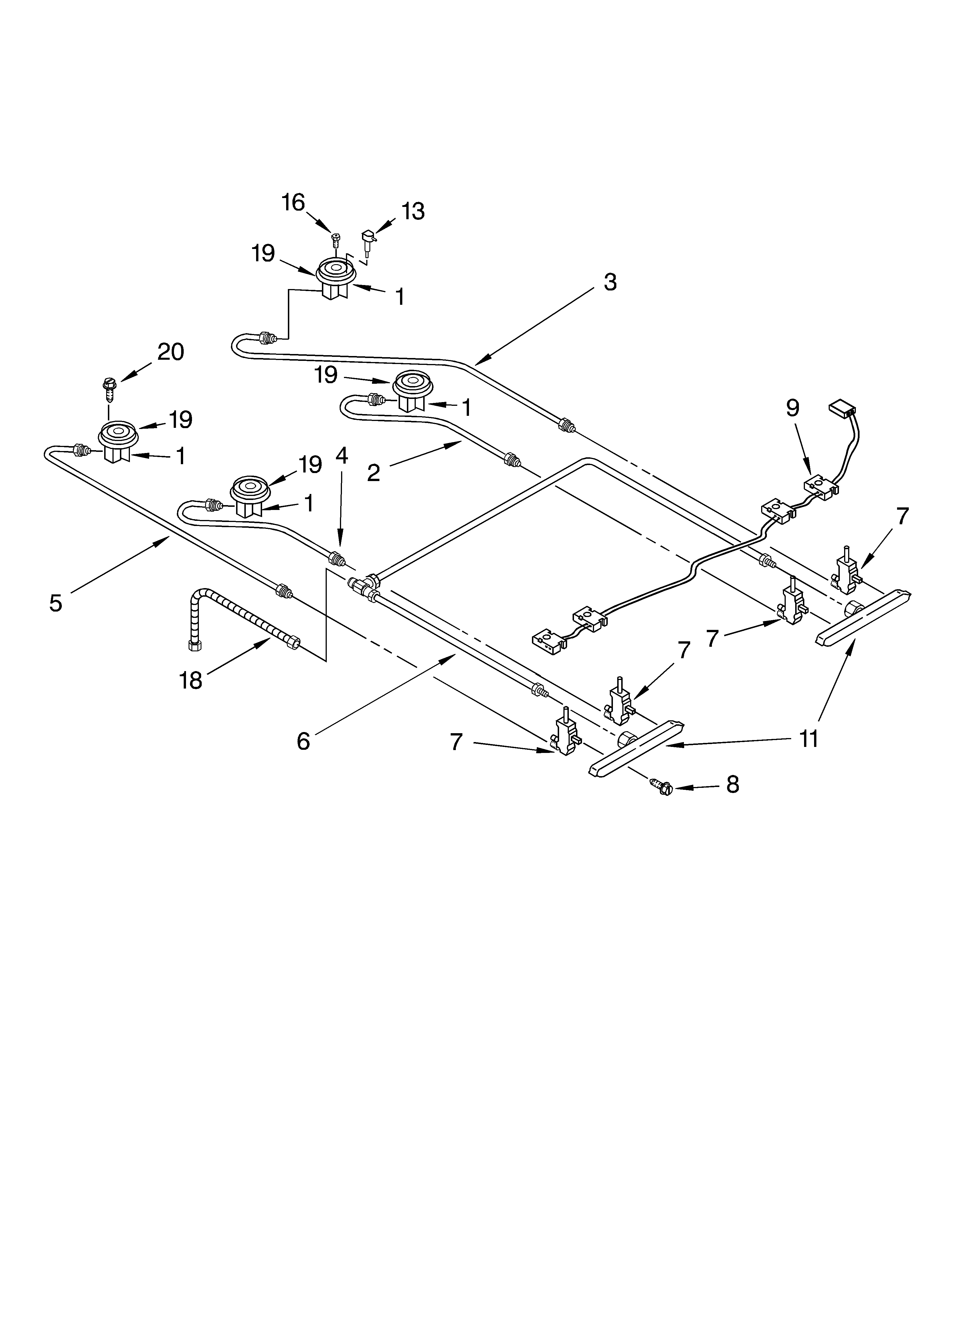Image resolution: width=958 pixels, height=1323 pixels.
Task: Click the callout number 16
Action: (x=293, y=202)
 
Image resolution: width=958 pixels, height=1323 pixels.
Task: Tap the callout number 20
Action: (x=170, y=352)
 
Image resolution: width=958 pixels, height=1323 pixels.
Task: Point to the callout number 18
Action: (x=191, y=680)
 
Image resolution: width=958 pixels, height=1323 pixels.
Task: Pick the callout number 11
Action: (x=808, y=739)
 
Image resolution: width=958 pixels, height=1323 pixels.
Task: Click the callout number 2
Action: (x=373, y=472)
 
